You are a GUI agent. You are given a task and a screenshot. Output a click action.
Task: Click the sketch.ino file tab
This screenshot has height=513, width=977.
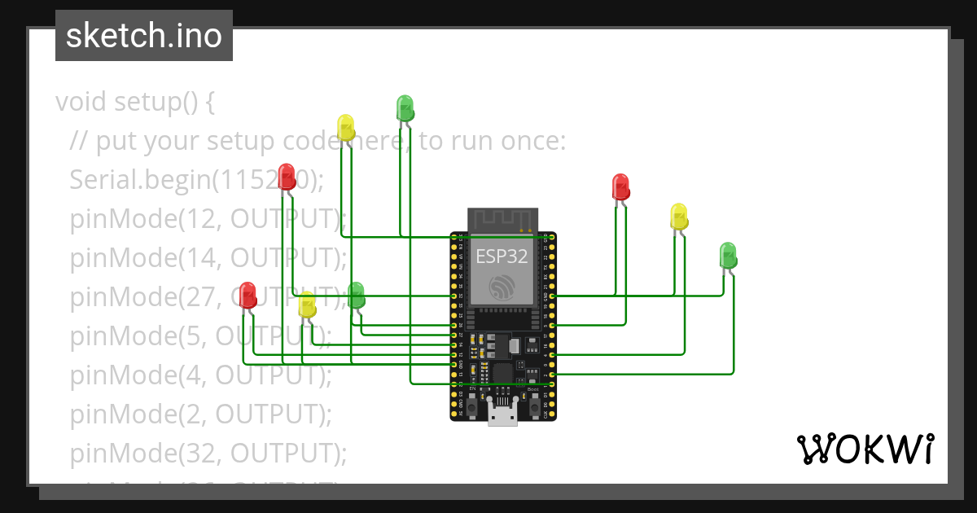tap(144, 36)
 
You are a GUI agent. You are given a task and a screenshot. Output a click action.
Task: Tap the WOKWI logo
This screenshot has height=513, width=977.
tap(865, 449)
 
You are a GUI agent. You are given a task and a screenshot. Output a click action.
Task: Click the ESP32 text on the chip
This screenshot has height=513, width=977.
tap(502, 256)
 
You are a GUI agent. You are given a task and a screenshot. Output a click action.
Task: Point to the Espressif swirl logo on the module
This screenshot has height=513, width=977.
tap(502, 287)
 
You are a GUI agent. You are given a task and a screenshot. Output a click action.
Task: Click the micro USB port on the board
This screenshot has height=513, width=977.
tap(502, 413)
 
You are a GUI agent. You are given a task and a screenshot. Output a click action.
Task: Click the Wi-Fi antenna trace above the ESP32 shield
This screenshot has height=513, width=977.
tap(502, 218)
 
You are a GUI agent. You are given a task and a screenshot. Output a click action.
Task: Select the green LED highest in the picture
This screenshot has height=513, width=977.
tap(405, 107)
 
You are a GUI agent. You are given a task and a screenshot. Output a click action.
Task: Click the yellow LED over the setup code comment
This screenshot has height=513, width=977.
tap(346, 127)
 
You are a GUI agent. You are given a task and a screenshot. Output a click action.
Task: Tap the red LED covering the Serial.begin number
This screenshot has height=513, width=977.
tap(287, 177)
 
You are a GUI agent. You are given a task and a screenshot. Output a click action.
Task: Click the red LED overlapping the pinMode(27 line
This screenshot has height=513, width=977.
tap(248, 295)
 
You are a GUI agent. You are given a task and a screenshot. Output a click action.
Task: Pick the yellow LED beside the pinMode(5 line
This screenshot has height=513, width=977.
tap(307, 305)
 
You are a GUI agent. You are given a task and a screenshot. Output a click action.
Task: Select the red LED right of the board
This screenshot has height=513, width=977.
tap(620, 186)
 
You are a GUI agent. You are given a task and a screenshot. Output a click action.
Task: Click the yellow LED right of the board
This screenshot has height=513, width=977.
tap(679, 217)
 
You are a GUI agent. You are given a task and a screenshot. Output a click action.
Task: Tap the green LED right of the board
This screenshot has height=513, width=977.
tap(728, 256)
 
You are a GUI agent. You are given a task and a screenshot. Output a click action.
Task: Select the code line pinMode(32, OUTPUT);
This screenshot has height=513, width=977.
tap(208, 453)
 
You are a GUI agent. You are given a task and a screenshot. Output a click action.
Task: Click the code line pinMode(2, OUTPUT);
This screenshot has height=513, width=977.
tap(200, 414)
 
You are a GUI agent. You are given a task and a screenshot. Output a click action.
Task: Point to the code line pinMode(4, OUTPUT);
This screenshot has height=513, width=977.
tap(200, 375)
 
